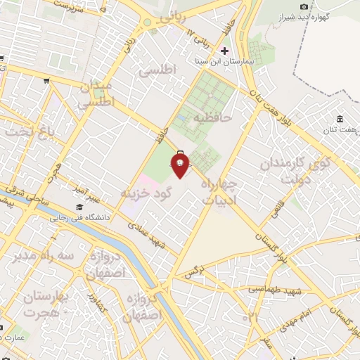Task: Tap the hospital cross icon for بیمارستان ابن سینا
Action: pos(225,51)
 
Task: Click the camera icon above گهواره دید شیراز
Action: pos(304,6)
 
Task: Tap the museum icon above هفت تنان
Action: pos(340,117)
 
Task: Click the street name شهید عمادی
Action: pos(144,234)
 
